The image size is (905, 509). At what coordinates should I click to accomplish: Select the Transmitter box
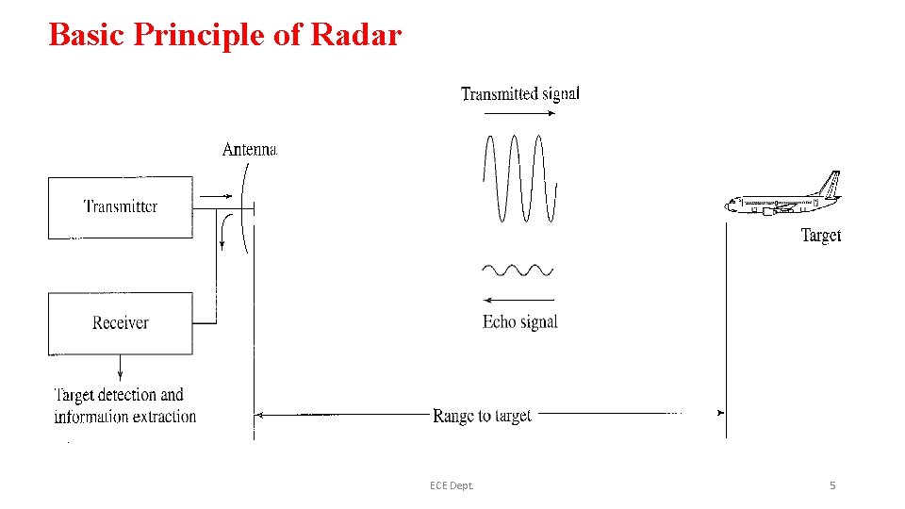121,207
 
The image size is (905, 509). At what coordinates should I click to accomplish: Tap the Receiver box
121,323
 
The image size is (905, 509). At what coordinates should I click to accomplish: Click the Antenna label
250,149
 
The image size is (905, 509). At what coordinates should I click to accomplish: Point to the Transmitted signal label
520,93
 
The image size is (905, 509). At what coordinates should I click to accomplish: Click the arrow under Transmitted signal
519,113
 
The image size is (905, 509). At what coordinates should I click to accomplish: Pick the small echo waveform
518,271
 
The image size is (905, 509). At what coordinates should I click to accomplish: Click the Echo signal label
520,322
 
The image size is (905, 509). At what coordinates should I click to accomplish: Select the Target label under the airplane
821,236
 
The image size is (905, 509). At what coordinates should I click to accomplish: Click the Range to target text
482,415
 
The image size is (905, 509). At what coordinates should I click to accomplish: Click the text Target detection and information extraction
124,405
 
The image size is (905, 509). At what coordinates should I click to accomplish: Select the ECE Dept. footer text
452,485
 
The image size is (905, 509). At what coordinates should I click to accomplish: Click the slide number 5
832,485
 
